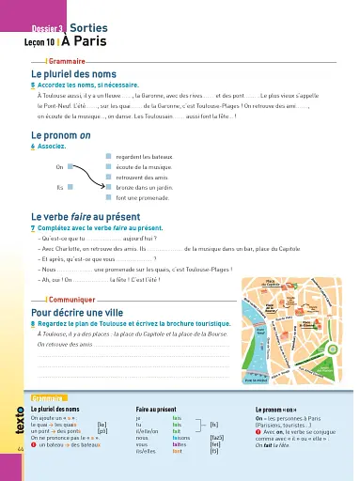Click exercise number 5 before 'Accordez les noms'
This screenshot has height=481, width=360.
[34, 85]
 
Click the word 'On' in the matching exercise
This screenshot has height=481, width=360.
[59, 167]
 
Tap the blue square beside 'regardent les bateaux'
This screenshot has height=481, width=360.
[107, 157]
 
